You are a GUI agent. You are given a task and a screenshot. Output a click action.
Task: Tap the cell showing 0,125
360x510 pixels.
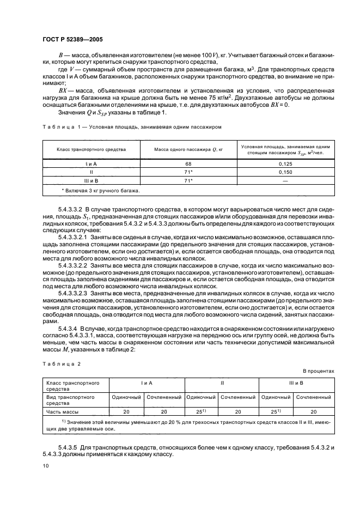coord(286,163)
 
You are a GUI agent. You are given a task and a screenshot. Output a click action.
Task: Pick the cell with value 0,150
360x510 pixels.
coord(286,172)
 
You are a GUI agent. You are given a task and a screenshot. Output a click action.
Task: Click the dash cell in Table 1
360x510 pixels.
coord(286,180)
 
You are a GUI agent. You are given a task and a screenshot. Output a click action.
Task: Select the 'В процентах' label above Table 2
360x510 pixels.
coord(319,371)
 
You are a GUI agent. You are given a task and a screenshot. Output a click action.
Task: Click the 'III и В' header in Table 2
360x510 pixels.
coord(296,384)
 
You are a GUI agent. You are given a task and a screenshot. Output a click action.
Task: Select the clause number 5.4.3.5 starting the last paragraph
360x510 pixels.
coord(69,447)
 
